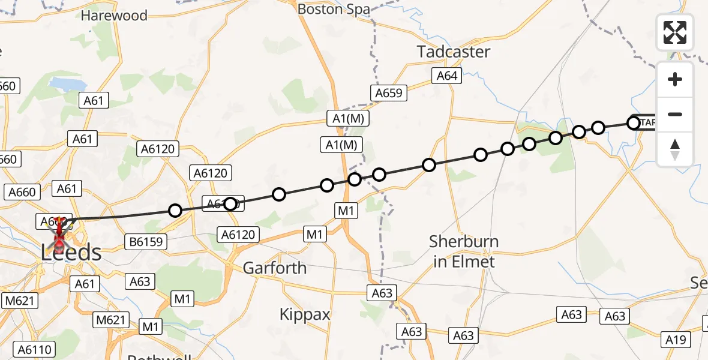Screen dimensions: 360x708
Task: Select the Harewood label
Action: point(114,16)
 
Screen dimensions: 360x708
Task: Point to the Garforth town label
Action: point(274,268)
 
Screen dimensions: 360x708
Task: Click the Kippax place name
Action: point(305,314)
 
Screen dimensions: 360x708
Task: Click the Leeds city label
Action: point(71,253)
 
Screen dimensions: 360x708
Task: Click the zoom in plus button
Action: point(675,79)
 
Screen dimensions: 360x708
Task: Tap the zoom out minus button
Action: point(675,114)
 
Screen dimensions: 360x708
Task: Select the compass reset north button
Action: point(675,149)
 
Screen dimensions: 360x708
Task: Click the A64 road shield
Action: point(447,76)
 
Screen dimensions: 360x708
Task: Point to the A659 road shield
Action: point(388,93)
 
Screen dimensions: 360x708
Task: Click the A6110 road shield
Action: point(35,349)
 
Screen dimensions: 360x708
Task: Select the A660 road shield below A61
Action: point(23,192)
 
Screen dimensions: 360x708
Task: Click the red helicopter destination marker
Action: point(59,236)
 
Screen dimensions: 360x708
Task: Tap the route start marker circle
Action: point(634,123)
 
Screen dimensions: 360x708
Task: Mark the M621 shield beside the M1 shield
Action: point(110,320)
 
